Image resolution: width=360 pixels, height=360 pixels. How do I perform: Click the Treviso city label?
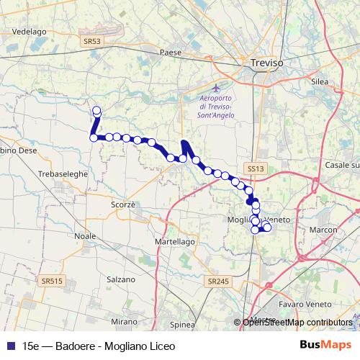tap(267, 63)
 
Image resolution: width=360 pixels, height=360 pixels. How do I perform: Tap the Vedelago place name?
tap(29, 32)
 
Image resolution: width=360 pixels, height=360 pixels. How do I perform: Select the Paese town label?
tap(170, 52)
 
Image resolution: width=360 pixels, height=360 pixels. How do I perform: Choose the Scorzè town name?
tap(123, 204)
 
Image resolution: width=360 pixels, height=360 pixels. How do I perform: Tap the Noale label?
tap(85, 235)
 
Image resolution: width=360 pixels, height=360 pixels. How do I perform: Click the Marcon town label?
tap(324, 230)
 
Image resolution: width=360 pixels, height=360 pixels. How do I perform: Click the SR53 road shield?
tap(92, 42)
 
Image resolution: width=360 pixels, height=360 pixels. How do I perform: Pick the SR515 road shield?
tap(51, 280)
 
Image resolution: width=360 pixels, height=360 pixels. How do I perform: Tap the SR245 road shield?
tap(216, 281)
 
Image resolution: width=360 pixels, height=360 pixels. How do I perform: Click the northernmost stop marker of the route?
tap(96, 110)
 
